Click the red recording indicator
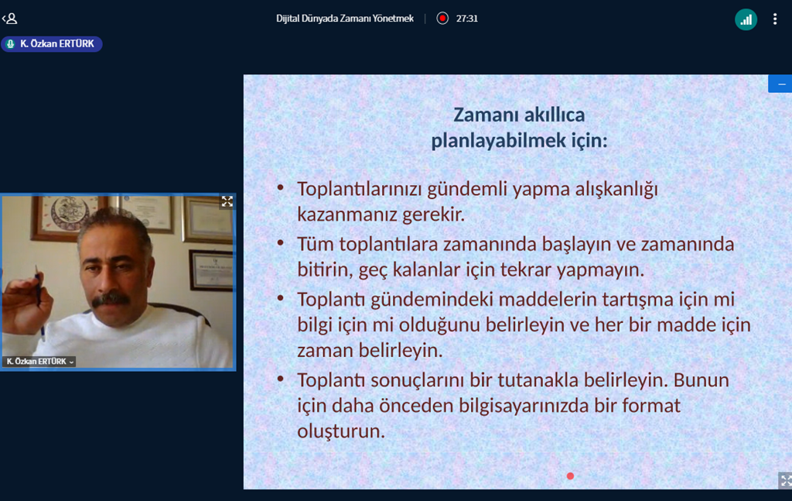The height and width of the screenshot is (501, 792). click(x=442, y=19)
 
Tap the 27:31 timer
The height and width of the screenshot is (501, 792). click(x=466, y=19)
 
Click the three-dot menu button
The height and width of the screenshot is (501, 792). click(x=775, y=19)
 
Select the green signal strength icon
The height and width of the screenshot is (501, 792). click(x=746, y=19)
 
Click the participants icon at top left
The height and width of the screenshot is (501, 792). click(x=10, y=19)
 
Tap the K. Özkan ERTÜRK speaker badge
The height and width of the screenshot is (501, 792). click(x=52, y=44)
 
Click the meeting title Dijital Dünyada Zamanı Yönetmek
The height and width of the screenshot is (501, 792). click(x=344, y=19)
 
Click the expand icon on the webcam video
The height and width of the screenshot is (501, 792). click(x=227, y=201)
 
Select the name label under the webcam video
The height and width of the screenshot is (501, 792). click(x=39, y=362)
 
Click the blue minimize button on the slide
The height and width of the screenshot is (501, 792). click(x=780, y=84)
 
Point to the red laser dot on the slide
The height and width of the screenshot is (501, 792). click(x=570, y=476)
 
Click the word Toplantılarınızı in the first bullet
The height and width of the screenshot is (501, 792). click(x=359, y=189)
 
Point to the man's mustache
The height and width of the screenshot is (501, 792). click(x=111, y=299)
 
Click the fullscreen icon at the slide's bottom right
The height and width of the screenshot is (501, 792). click(x=786, y=480)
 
